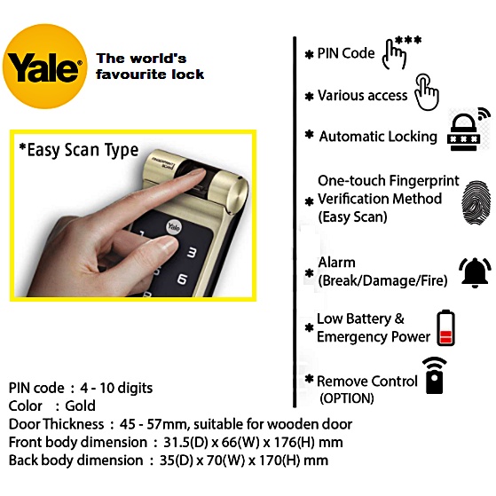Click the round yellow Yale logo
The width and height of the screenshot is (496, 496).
pyautogui.click(x=44, y=67)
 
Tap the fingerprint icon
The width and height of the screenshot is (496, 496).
pyautogui.click(x=476, y=203)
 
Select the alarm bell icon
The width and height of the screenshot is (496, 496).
pyautogui.click(x=475, y=272)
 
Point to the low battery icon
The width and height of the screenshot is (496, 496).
pyautogui.click(x=445, y=327)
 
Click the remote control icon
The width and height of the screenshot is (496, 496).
pyautogui.click(x=435, y=376)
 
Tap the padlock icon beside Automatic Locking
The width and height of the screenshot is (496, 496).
pyautogui.click(x=464, y=132)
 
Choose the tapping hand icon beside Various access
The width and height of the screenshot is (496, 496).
pyautogui.click(x=427, y=92)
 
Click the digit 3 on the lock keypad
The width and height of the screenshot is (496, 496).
pyautogui.click(x=192, y=253)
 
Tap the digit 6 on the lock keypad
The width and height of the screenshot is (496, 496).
pyautogui.click(x=183, y=279)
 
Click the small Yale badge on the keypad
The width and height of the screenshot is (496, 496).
pyautogui.click(x=174, y=227)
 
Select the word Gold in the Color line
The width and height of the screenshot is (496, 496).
pyautogui.click(x=80, y=405)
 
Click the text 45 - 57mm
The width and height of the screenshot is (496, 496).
pyautogui.click(x=154, y=424)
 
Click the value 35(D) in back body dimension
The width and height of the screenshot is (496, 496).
pyautogui.click(x=177, y=461)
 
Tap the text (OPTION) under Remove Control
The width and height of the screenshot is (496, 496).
pyautogui.click(x=347, y=398)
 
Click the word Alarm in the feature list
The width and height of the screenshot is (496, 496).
pyautogui.click(x=336, y=263)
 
